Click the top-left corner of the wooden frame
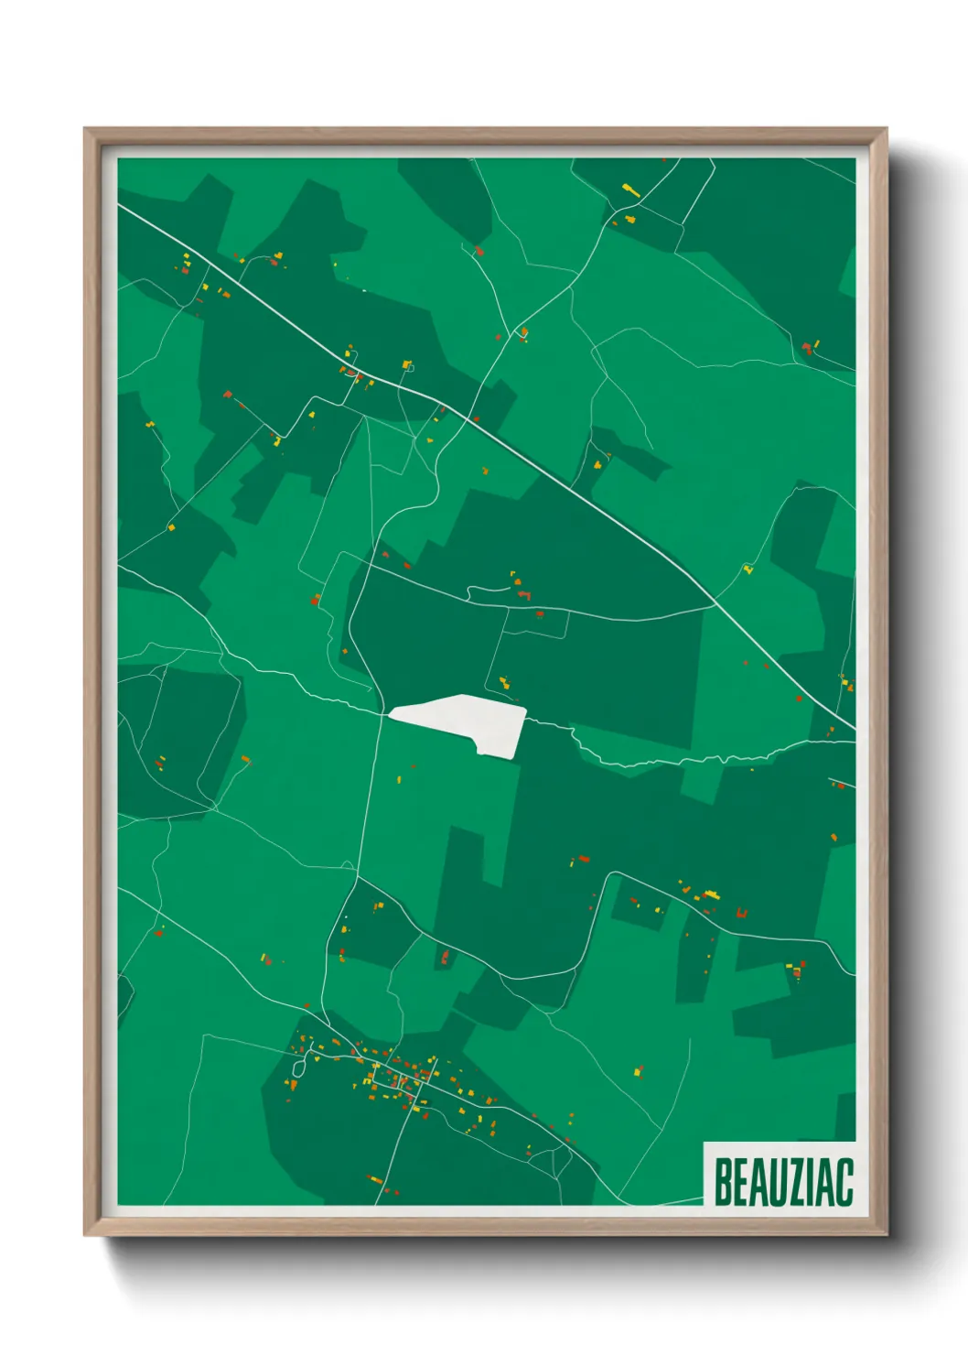tap(85, 129)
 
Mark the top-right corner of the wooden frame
tap(886, 129)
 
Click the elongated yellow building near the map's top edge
tap(630, 190)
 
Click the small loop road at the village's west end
tap(298, 1067)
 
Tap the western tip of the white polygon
tap(391, 712)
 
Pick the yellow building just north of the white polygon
tap(503, 682)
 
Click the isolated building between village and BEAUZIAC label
tap(639, 1069)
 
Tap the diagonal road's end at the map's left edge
tap(120, 205)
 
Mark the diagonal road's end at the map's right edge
tap(853, 728)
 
